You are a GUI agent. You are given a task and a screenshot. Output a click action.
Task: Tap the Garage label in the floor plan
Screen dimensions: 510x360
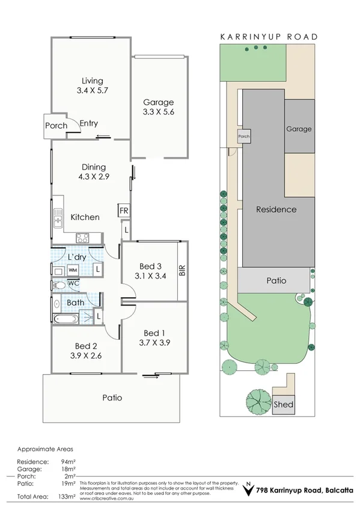[x=159, y=102]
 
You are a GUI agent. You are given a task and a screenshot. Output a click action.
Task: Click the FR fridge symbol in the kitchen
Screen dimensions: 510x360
[x=123, y=210]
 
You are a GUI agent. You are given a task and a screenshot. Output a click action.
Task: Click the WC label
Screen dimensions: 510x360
[x=73, y=283]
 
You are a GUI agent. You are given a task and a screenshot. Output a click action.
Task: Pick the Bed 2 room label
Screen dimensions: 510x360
[x=86, y=346]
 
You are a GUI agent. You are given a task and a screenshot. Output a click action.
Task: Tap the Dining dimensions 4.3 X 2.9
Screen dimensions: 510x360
[x=93, y=177]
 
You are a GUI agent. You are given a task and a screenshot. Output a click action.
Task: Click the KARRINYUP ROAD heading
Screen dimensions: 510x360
[x=269, y=37]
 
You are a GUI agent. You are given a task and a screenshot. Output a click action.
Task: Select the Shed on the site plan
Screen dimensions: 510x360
[x=284, y=404]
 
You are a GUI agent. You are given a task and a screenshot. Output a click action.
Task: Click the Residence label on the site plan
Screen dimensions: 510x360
[x=276, y=209]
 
